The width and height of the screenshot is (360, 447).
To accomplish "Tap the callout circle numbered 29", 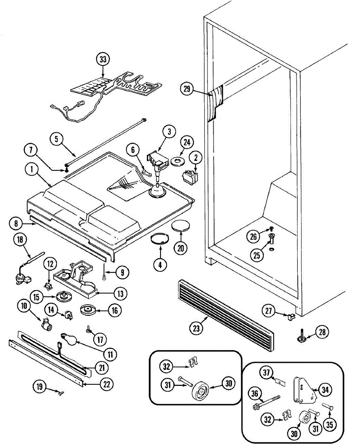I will (187, 89).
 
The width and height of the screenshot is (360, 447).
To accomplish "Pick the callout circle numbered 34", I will (325, 390).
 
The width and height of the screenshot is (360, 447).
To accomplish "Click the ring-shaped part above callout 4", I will (160, 238).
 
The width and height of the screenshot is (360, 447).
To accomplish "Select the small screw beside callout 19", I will (60, 391).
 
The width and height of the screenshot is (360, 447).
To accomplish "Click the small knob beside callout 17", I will (89, 329).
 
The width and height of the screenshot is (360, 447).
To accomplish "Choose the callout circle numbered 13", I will (120, 294).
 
